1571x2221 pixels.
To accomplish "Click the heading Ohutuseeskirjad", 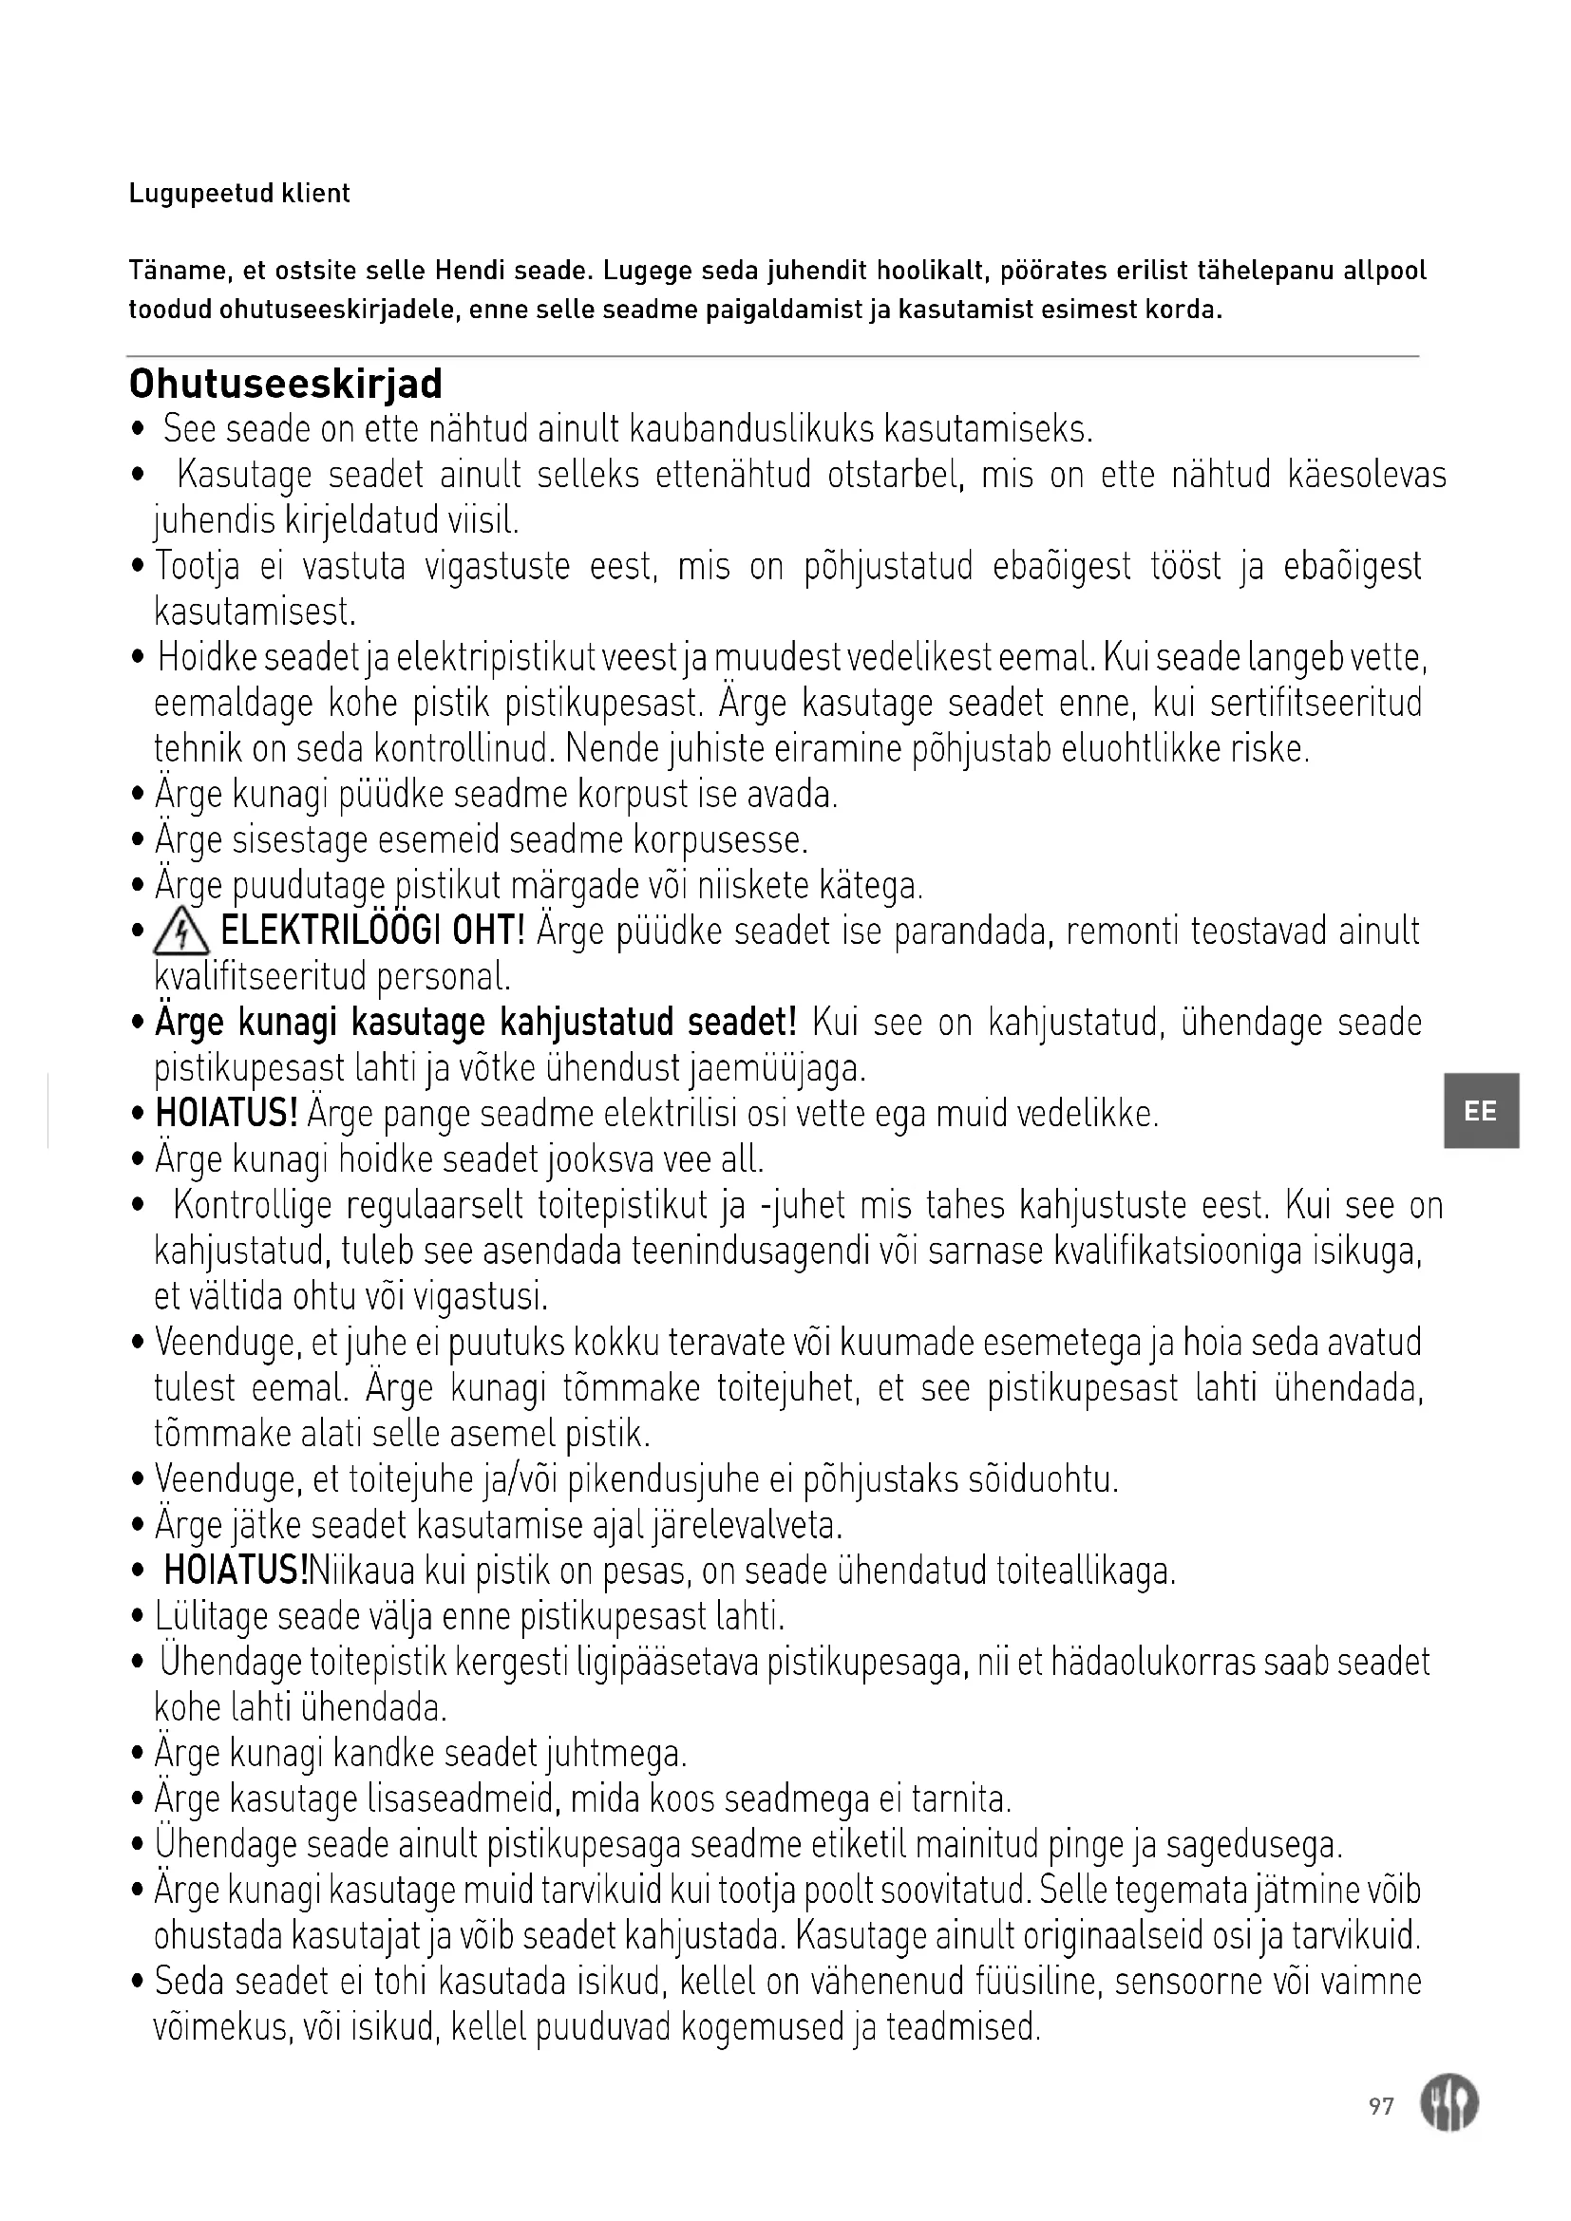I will (285, 384).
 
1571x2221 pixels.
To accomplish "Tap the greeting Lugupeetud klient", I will (239, 194).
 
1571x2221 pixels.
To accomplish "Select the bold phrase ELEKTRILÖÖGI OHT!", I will (372, 932).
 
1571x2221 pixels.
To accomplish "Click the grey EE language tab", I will (1480, 1111).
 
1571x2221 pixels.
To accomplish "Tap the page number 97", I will (1381, 2106).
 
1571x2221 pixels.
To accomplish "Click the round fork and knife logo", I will (1448, 2105).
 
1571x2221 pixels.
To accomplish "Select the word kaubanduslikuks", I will (750, 428).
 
